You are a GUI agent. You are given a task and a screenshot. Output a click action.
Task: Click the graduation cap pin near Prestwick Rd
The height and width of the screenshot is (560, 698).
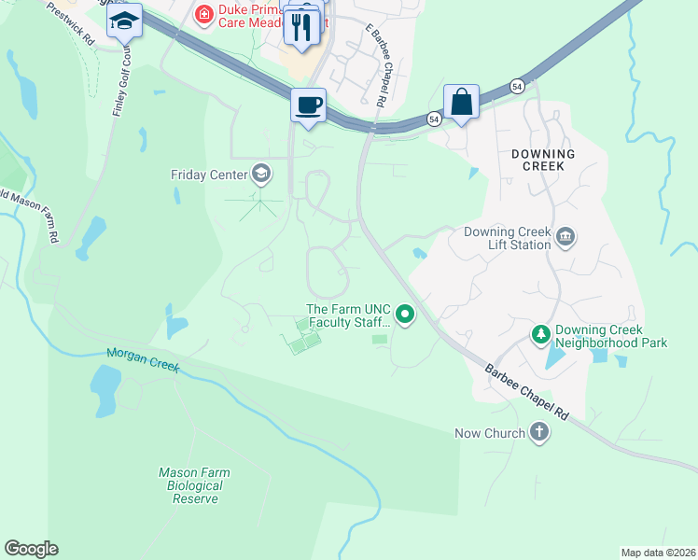click(123, 21)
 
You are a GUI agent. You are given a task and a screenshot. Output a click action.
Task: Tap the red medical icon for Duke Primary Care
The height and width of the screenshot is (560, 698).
click(202, 15)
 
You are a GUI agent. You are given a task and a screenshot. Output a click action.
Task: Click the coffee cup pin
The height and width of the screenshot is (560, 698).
click(307, 104)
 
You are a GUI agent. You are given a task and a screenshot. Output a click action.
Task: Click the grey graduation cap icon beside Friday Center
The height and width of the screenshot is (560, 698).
click(261, 174)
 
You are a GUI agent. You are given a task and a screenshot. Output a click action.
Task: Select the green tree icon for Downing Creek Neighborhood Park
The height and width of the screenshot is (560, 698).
click(539, 333)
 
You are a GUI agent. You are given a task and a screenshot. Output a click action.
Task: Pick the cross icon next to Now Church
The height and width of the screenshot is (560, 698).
click(538, 432)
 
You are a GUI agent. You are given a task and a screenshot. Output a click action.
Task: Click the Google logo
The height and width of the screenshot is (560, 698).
click(31, 549)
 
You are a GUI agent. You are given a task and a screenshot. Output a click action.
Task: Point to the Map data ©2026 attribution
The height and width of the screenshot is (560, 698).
click(658, 552)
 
